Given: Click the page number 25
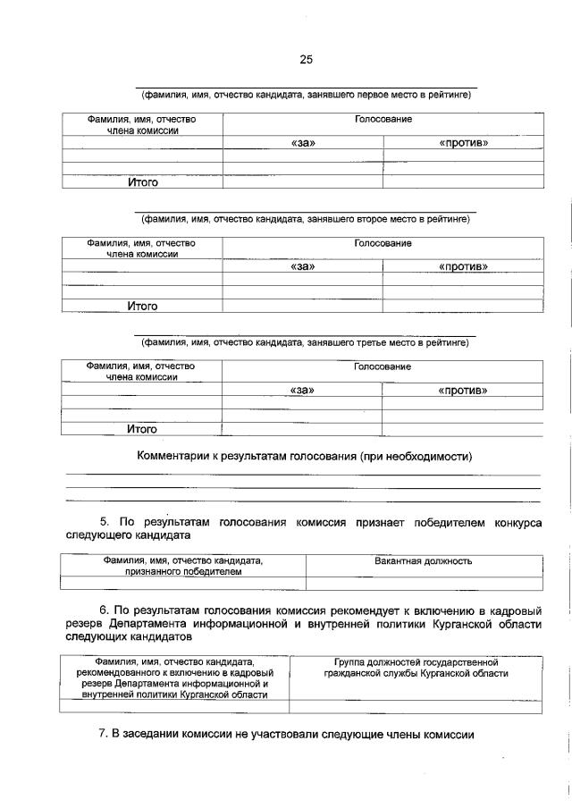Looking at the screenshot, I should [306, 60].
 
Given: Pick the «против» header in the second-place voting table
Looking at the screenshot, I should [463, 266].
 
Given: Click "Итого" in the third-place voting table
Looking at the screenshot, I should [142, 429].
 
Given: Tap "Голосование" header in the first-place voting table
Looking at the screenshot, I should [383, 120].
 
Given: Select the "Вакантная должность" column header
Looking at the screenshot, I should [424, 561].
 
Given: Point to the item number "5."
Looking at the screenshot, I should [104, 521].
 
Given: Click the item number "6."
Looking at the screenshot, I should [104, 610].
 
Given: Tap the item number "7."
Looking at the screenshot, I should [103, 735].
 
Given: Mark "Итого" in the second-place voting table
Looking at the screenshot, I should [142, 306].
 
